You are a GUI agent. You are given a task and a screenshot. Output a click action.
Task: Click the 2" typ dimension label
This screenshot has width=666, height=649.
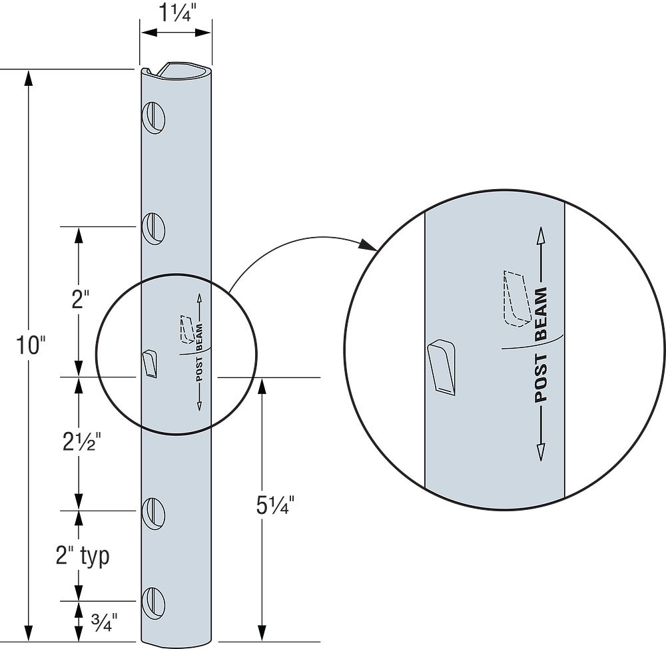(82, 556)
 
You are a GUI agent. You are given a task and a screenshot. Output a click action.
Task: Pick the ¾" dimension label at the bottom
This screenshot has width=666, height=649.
(103, 622)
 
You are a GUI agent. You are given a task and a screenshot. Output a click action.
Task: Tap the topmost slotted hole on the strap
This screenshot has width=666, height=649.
(154, 118)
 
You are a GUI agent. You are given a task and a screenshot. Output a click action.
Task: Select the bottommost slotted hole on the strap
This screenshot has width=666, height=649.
(154, 602)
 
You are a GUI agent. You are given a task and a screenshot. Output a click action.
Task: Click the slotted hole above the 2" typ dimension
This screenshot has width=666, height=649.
(154, 512)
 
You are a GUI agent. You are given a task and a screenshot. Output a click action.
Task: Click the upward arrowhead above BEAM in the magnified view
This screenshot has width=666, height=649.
(540, 236)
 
